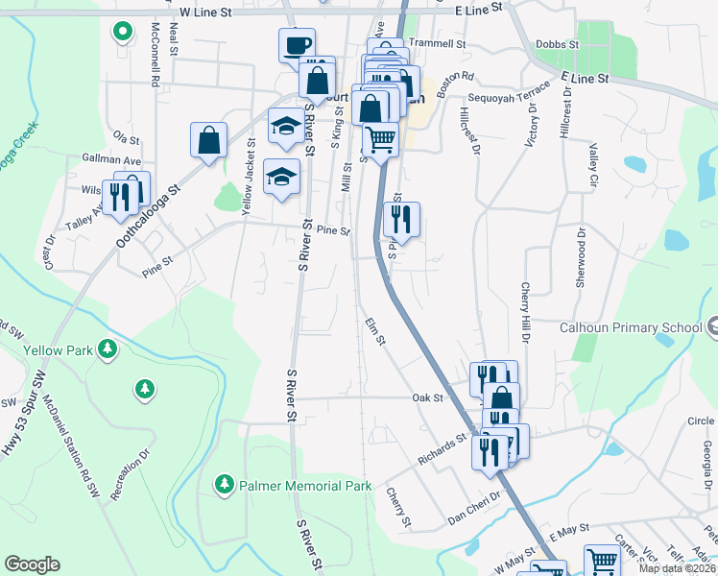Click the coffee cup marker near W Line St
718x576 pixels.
pyautogui.click(x=297, y=44)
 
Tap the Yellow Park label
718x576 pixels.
pyautogui.click(x=60, y=350)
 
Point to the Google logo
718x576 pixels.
pyautogui.click(x=32, y=564)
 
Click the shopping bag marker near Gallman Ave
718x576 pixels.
pyautogui.click(x=208, y=140)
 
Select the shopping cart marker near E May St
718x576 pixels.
pyautogui.click(x=601, y=560)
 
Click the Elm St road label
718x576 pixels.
pyautogui.click(x=375, y=332)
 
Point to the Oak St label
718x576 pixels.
pyautogui.click(x=427, y=396)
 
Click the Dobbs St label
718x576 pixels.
pyautogui.click(x=558, y=44)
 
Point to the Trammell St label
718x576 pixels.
pyautogui.click(x=436, y=44)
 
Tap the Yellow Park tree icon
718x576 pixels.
pyautogui.click(x=108, y=349)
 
